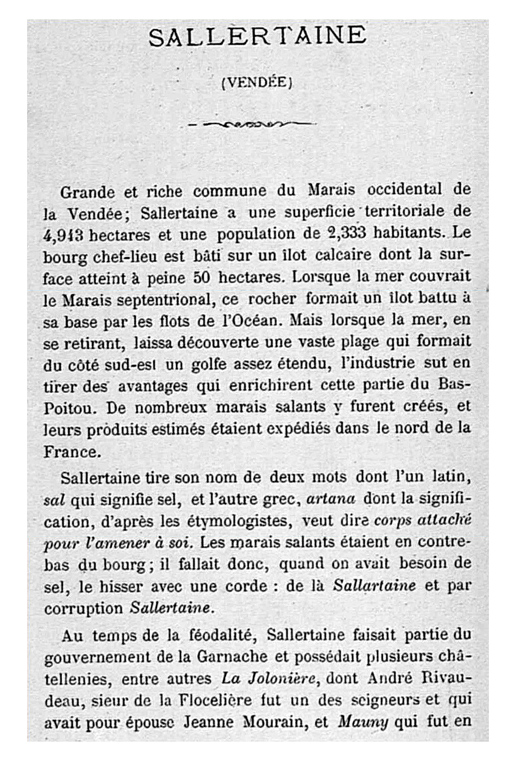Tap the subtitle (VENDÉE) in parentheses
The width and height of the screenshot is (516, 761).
[257, 83]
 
